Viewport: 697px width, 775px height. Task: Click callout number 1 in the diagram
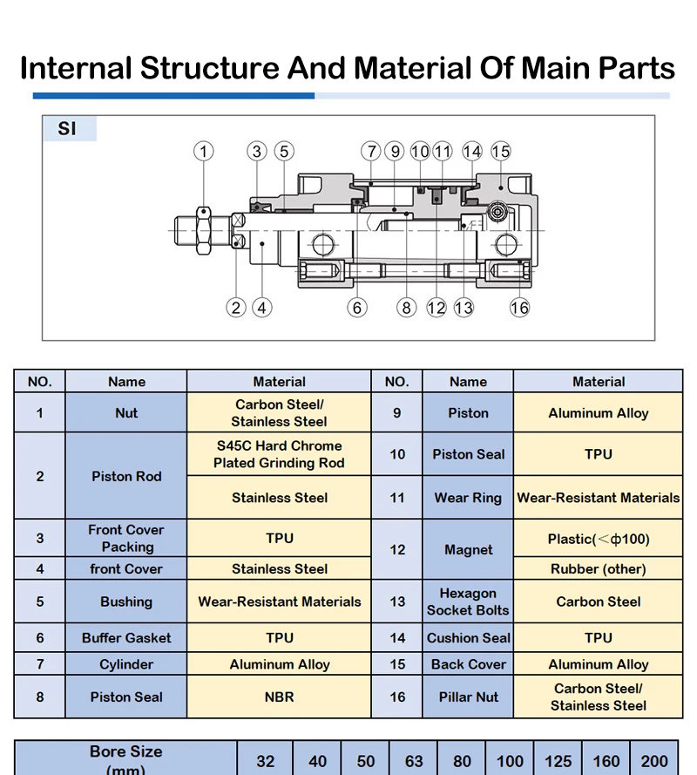(x=204, y=151)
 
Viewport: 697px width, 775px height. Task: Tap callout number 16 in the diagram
(x=519, y=308)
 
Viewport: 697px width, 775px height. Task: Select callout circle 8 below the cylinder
(x=407, y=308)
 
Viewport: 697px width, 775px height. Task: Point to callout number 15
(x=500, y=151)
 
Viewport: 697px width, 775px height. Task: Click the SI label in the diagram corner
(x=67, y=128)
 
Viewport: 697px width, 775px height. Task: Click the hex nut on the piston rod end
(x=204, y=231)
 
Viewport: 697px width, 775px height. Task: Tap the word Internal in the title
(x=76, y=68)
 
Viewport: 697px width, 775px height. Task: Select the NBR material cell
(x=279, y=697)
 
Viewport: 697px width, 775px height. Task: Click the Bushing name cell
(x=126, y=602)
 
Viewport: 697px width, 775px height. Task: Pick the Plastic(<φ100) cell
(x=599, y=538)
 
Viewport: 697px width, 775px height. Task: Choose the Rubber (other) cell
(x=599, y=569)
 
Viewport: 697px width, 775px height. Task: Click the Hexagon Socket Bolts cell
(x=468, y=602)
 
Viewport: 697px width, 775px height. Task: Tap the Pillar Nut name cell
(x=468, y=697)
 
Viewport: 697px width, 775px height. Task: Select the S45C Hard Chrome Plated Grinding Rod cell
(x=279, y=454)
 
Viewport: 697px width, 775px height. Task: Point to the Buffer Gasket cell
(x=126, y=637)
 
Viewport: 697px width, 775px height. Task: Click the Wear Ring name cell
(x=468, y=498)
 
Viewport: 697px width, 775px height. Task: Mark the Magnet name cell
(x=468, y=549)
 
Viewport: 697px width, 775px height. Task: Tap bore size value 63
(x=414, y=761)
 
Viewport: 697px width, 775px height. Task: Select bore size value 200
(x=654, y=761)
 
